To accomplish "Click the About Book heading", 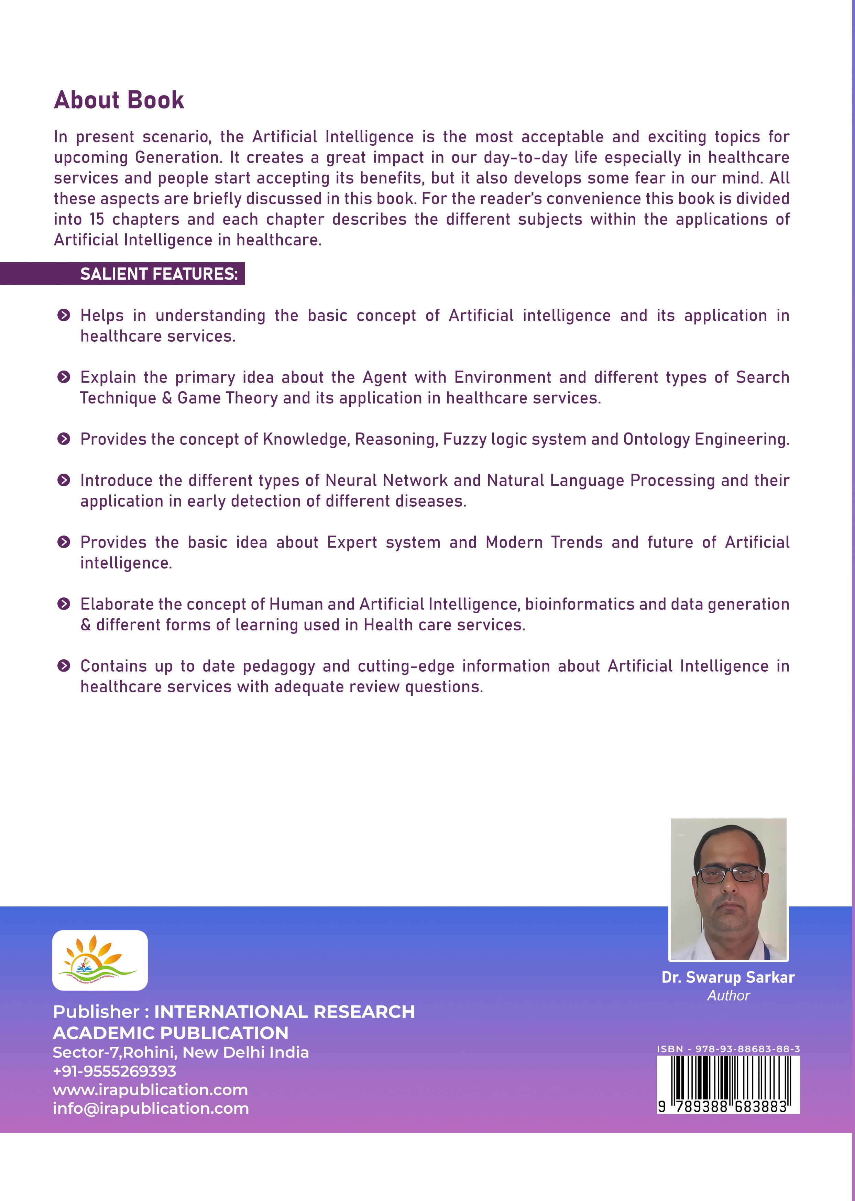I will (119, 100).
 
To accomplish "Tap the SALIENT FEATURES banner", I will (158, 274).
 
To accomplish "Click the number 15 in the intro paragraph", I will (97, 219).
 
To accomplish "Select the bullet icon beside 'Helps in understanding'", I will (64, 315).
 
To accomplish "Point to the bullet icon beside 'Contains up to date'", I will (64, 666).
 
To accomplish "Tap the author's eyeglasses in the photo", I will (729, 875).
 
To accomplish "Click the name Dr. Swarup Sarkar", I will (728, 977).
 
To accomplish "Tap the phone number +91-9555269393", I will (115, 1071).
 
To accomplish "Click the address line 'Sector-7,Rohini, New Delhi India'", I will (180, 1052).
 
